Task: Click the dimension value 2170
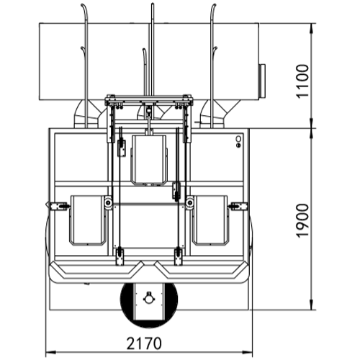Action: coord(144,343)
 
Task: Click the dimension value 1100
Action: coord(302,81)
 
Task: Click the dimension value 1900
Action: coord(302,220)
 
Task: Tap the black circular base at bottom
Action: coord(149,305)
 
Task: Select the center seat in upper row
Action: coord(149,160)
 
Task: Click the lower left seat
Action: coord(88,220)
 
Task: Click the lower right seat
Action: coord(210,220)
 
